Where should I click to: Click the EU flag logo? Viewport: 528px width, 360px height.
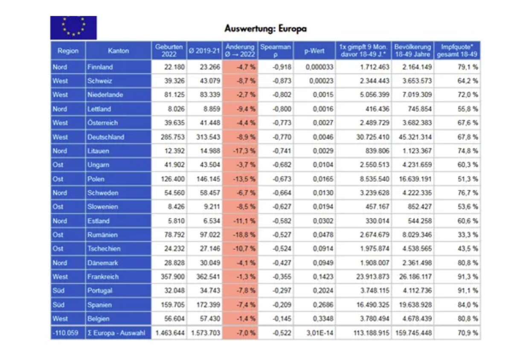[73, 28]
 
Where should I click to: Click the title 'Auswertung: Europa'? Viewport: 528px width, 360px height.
[266, 29]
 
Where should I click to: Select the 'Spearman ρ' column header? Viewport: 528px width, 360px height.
[276, 51]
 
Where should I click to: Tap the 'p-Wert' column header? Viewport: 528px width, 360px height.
[314, 51]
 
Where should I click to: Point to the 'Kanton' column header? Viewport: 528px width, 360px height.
[118, 51]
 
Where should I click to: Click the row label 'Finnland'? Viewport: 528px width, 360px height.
[100, 67]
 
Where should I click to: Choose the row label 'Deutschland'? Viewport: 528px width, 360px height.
[106, 137]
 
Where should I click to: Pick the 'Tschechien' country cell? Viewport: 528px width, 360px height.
[104, 249]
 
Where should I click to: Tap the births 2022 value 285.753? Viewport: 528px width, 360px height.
[173, 137]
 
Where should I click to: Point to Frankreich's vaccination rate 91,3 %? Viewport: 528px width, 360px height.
[468, 276]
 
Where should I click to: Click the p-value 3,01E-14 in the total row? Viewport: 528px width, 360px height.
[319, 333]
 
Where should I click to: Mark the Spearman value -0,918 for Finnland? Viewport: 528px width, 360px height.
[281, 67]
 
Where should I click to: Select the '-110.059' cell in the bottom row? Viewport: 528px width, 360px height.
[65, 333]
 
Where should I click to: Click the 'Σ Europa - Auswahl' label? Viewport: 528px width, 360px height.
[116, 333]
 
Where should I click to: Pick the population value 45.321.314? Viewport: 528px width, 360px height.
[415, 137]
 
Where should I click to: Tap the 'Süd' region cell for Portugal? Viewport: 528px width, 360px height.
[58, 290]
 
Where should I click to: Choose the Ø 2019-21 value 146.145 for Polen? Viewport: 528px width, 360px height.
[208, 179]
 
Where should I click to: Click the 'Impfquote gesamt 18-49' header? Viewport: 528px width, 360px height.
[457, 51]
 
